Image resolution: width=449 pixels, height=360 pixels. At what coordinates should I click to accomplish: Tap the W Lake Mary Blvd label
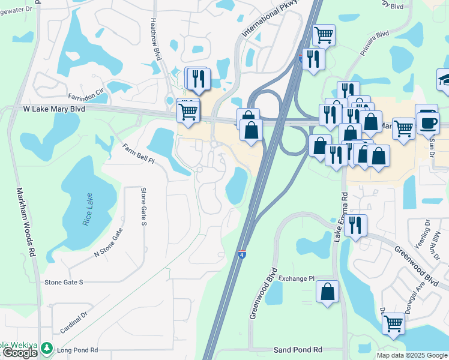(x=54, y=110)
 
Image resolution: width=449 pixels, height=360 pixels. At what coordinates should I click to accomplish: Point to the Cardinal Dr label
(x=74, y=322)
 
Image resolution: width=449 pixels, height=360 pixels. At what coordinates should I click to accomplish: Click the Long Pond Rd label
(x=77, y=350)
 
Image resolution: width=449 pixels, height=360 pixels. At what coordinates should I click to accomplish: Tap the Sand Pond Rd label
(x=298, y=350)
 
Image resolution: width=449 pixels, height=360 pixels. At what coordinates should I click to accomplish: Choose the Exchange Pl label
(x=296, y=279)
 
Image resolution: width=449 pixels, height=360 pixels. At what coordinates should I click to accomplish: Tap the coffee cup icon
(x=427, y=122)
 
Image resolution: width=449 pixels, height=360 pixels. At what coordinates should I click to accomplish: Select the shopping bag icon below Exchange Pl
(x=328, y=292)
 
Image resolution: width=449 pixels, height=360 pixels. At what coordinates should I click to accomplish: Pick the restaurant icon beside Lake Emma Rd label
(x=355, y=226)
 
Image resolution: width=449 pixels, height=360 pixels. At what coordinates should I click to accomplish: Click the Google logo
(x=19, y=353)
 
